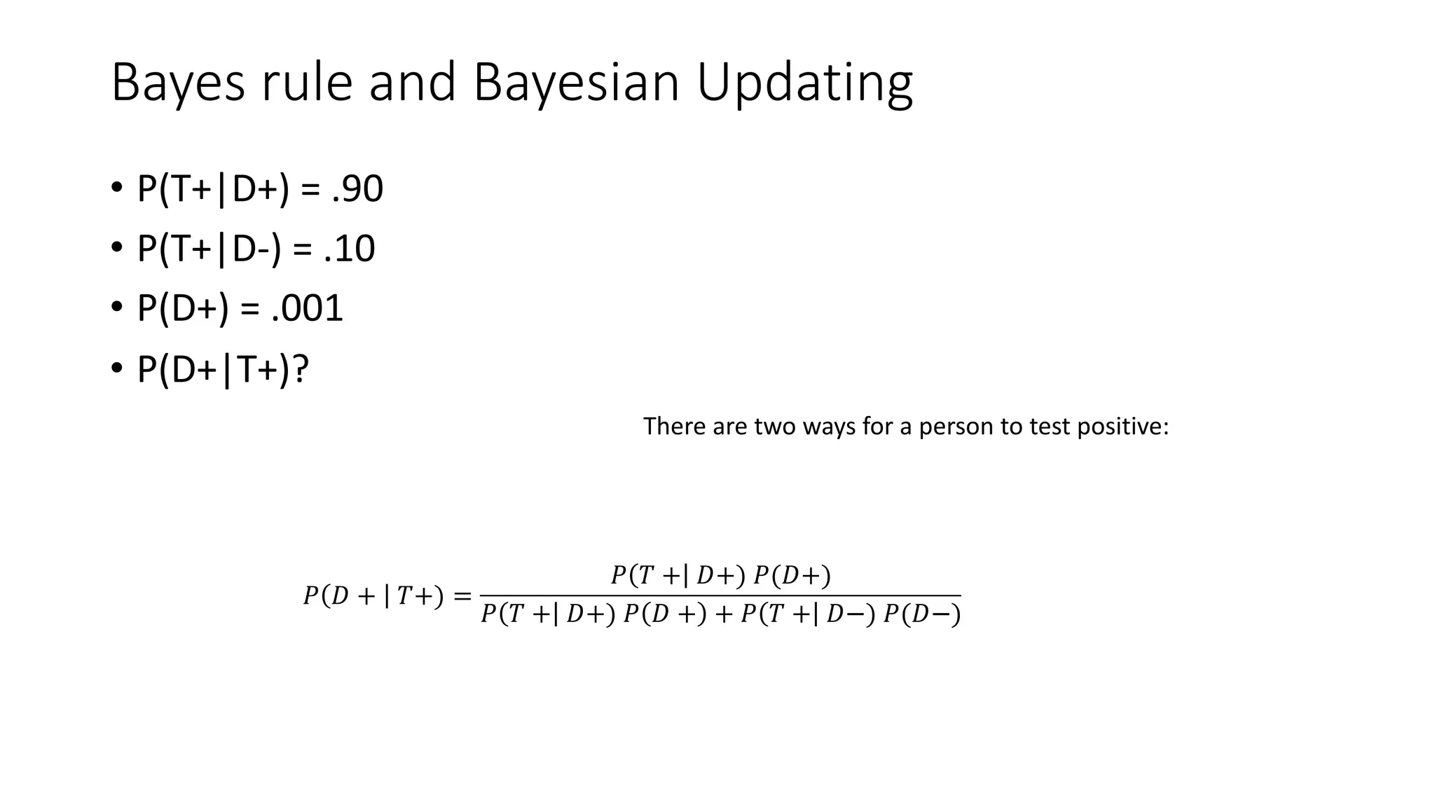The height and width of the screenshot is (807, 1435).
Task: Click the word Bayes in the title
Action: (x=178, y=83)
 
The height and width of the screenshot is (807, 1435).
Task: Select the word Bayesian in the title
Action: (x=576, y=83)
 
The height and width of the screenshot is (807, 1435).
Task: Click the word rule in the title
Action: (x=306, y=83)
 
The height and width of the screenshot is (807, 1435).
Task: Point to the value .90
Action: (x=357, y=189)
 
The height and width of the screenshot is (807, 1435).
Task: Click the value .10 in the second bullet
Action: (x=350, y=249)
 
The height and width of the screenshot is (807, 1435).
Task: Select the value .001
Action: (x=307, y=308)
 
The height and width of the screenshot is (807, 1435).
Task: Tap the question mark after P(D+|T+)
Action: (x=301, y=368)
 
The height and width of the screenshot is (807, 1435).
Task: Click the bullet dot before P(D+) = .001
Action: (x=116, y=308)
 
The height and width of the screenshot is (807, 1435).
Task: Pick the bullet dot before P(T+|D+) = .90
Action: (x=116, y=189)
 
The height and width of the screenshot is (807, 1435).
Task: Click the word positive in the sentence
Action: (x=1122, y=426)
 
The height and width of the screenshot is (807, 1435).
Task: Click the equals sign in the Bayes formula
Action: (x=462, y=597)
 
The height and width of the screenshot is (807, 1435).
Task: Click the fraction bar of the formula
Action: (x=720, y=595)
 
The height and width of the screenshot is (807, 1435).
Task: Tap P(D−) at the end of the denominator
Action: (x=921, y=615)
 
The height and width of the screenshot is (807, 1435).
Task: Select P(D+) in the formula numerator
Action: (x=792, y=576)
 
